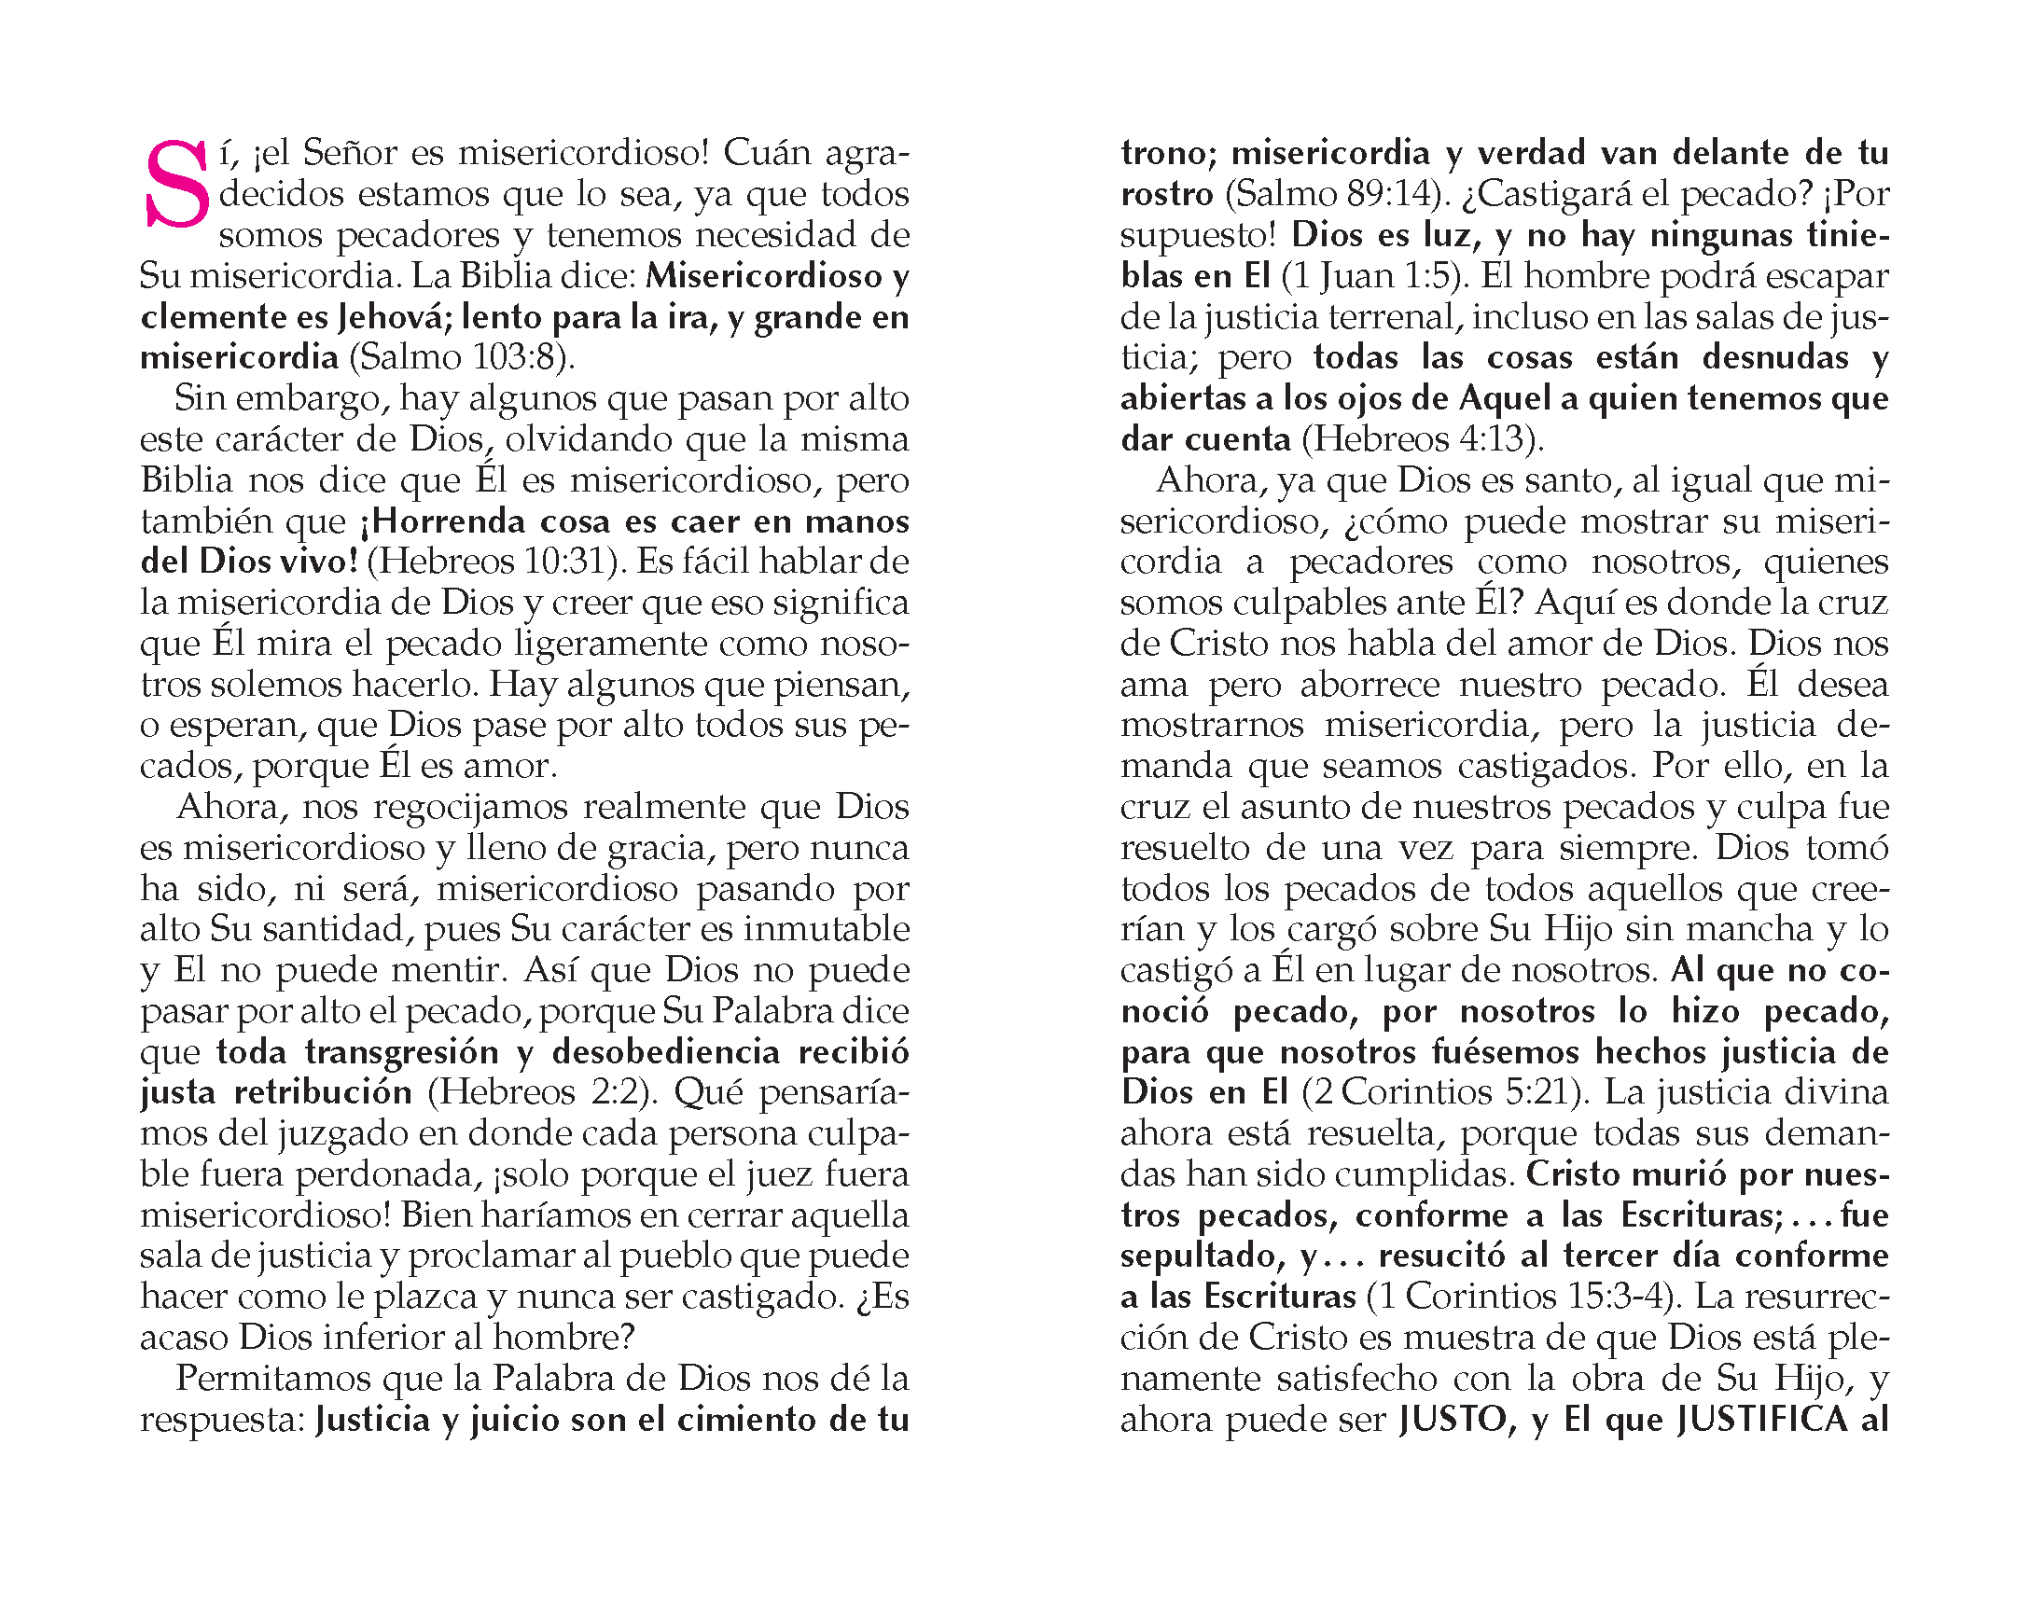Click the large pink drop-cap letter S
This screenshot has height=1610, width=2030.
tap(176, 186)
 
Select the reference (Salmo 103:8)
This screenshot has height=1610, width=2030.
tap(462, 358)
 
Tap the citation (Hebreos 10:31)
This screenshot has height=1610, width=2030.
tap(496, 562)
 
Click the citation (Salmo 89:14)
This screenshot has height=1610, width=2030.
tap(1335, 194)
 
